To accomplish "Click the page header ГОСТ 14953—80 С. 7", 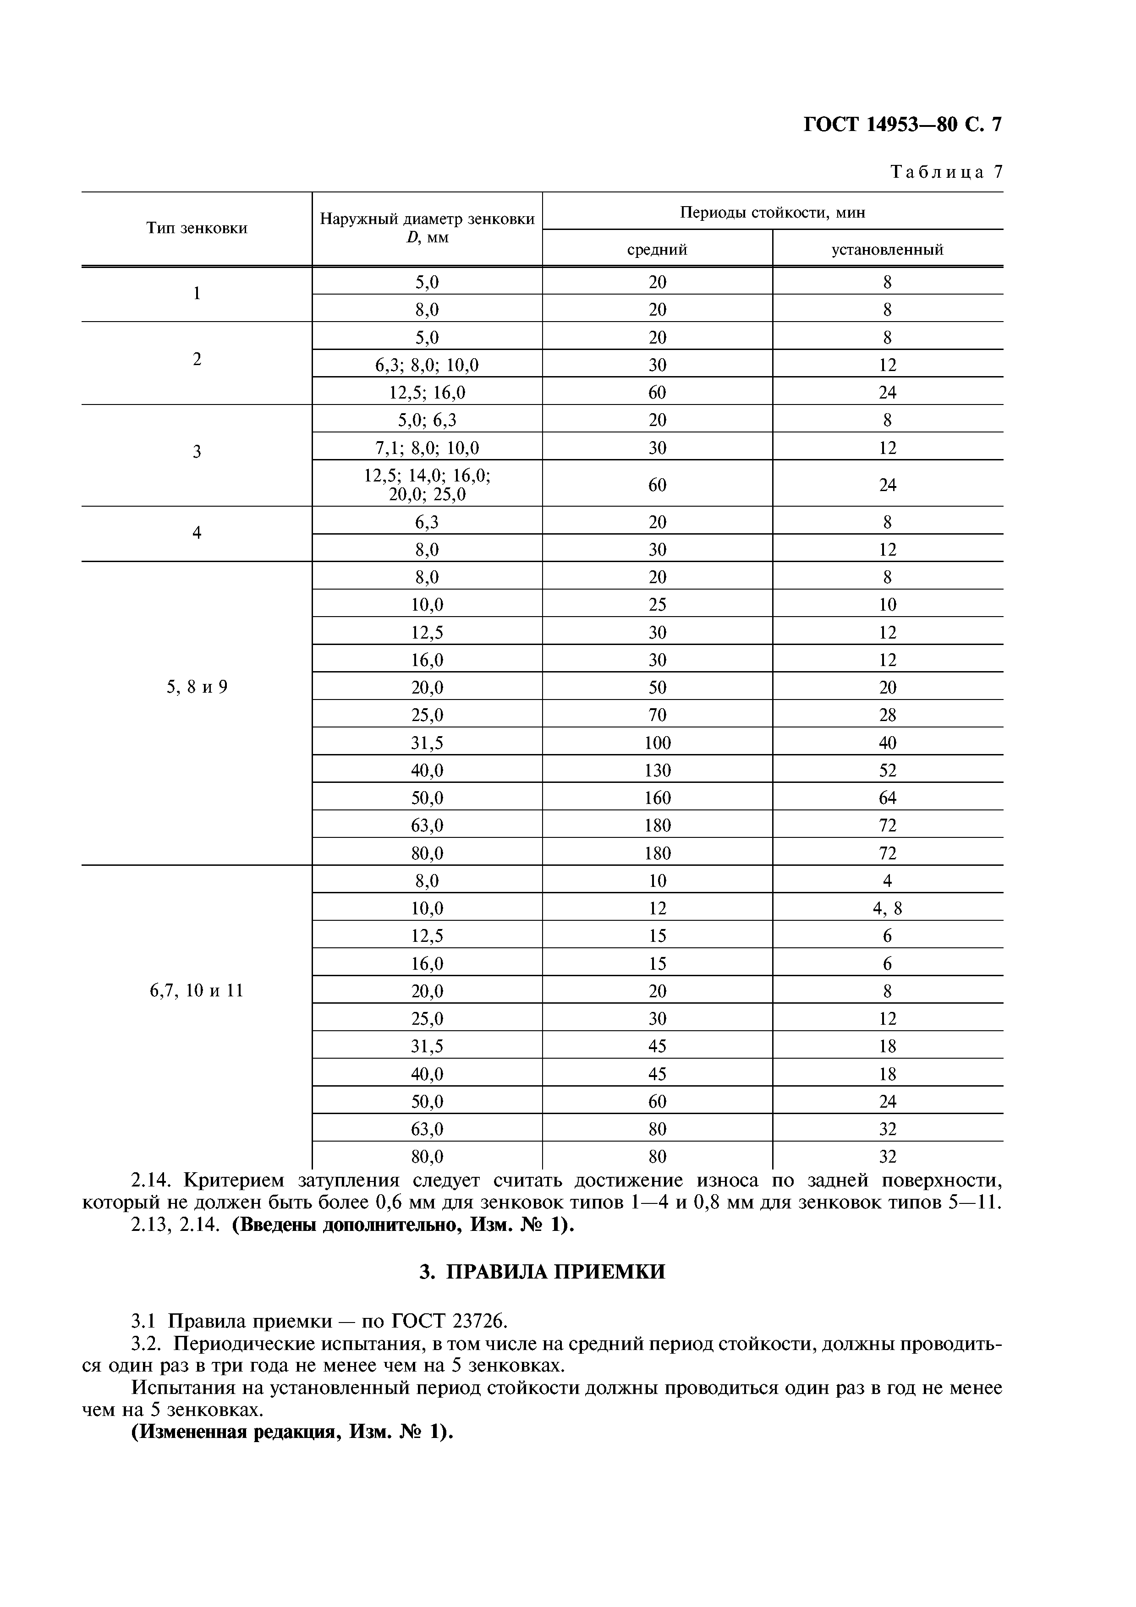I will [902, 125].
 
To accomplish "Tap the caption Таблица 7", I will [946, 172].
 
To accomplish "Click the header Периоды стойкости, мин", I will [772, 212].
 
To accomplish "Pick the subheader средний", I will [657, 249].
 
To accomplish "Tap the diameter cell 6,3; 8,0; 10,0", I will [427, 365].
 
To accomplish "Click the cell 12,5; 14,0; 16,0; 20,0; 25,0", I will [427, 484].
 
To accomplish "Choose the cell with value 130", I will [657, 771].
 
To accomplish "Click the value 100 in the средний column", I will [657, 743].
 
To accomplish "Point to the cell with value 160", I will [657, 798].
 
